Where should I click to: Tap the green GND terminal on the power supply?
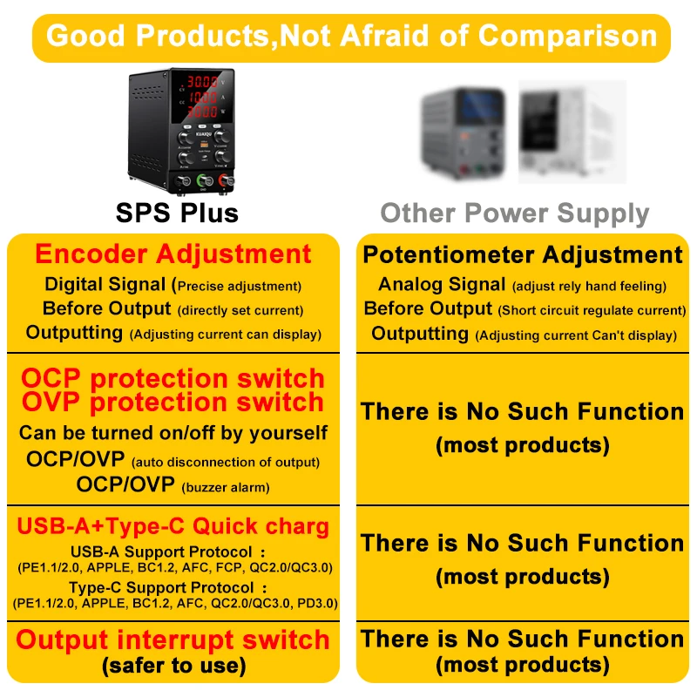204,181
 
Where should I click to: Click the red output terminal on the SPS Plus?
227,180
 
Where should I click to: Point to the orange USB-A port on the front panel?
205,145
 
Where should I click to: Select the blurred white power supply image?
572,132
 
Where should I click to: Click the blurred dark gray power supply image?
463,133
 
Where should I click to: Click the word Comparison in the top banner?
568,36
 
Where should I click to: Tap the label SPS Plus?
177,213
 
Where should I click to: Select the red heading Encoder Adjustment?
173,254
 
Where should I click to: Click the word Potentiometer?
449,255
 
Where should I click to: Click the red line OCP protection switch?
173,379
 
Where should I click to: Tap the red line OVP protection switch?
173,403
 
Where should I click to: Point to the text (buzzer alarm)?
226,487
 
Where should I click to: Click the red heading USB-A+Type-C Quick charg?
173,526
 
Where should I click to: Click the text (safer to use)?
173,666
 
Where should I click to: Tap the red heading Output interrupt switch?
173,640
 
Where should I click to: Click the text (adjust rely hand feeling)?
589,287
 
